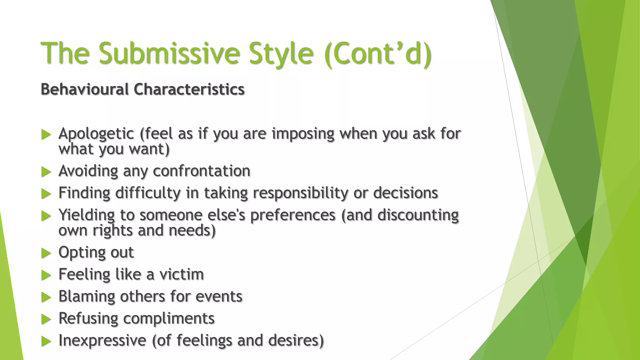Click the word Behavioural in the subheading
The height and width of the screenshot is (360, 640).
coord(85,89)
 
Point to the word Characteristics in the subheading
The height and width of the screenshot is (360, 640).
coord(189,89)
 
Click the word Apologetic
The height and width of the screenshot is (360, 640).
coord(96,134)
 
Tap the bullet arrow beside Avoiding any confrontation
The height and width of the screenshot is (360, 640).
coord(46,172)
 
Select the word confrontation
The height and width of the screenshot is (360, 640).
coord(202,171)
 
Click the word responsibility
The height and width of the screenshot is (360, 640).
coord(300,193)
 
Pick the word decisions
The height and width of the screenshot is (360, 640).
coord(406,193)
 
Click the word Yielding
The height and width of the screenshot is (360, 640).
coord(87,215)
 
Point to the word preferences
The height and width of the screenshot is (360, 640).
coord(293,215)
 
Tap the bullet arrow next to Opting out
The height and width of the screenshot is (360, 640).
coord(46,253)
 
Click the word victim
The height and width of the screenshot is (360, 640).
coord(182,274)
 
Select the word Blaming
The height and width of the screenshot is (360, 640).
coord(87,296)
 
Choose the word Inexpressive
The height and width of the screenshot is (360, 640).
coord(102,340)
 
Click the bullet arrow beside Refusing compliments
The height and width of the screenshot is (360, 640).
coord(46,319)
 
